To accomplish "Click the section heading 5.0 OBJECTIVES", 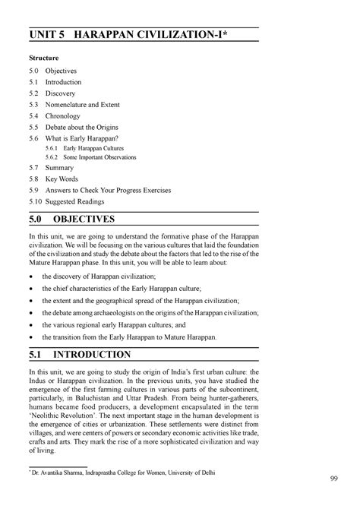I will tap(71, 220).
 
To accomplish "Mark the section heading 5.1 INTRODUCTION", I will tap(77, 355).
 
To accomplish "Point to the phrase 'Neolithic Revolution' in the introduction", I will tap(65, 419).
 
